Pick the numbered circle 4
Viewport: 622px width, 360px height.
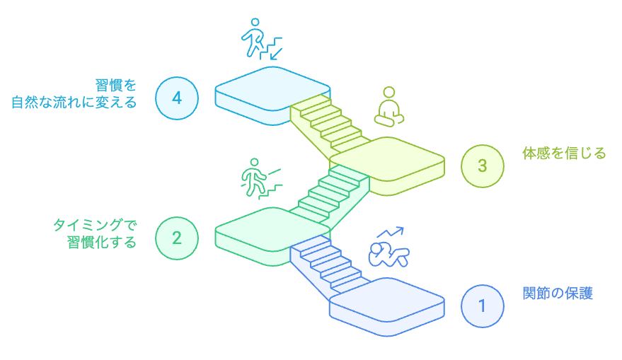coord(177,98)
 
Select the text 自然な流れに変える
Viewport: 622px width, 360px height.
coord(74,101)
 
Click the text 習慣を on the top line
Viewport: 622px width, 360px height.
coord(116,84)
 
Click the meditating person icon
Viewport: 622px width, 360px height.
coord(387,105)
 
